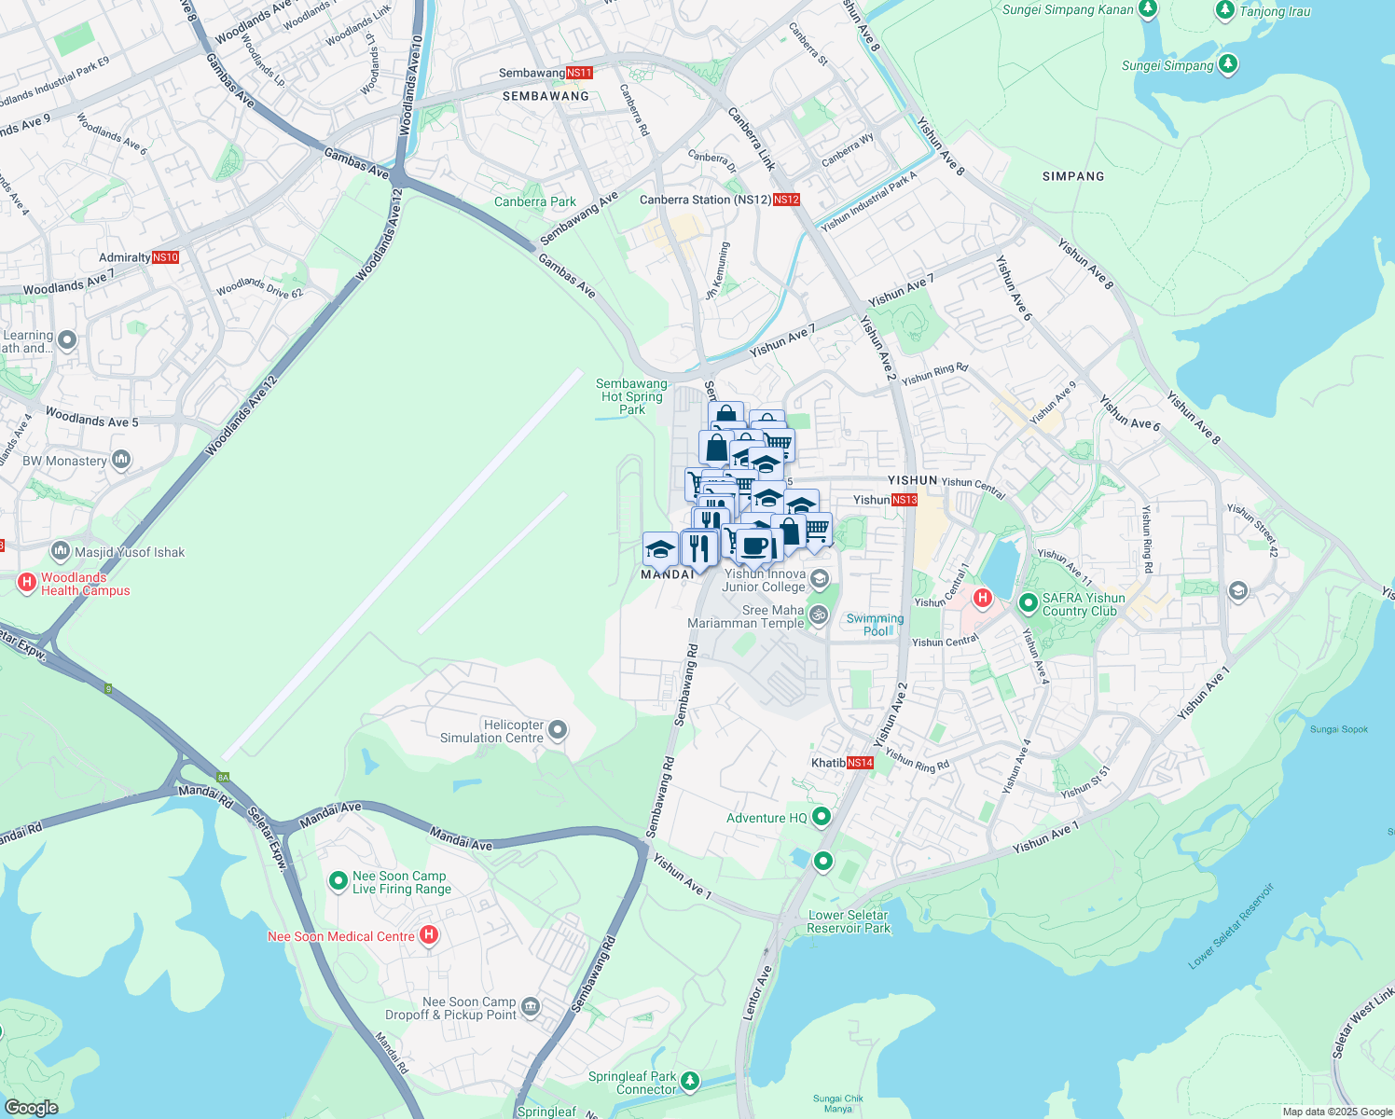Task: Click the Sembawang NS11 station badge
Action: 579,73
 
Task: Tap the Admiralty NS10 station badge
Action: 165,257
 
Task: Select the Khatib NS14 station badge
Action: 860,763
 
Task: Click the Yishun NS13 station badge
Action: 905,500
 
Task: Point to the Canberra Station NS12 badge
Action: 786,200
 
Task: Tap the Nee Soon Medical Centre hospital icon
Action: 429,934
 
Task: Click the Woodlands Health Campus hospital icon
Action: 27,583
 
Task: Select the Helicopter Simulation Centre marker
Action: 558,730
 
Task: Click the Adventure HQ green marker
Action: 822,818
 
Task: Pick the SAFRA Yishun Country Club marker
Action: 1028,603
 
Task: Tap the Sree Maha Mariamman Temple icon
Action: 819,615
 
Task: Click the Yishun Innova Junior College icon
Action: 819,579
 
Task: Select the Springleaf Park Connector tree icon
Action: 690,1081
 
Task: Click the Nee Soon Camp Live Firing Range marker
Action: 338,880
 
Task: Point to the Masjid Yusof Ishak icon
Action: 61,551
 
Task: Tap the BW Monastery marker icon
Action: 121,460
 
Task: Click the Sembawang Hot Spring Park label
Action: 631,396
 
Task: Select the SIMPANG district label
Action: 1073,176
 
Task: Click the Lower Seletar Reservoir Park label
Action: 849,921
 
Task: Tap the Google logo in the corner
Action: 32,1108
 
